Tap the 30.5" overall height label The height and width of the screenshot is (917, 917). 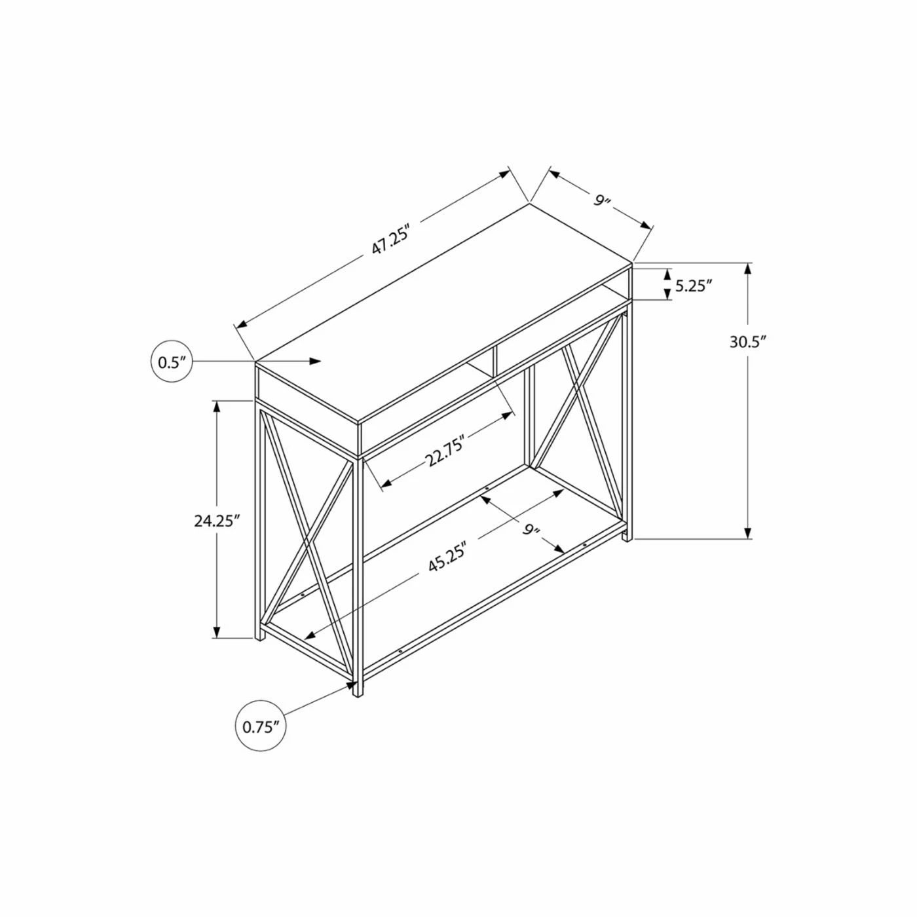tap(748, 342)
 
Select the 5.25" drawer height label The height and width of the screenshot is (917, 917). tap(693, 286)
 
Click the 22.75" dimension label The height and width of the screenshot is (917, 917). tap(445, 450)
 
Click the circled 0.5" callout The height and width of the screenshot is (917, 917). tap(172, 362)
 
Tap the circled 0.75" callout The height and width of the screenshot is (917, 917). tap(261, 726)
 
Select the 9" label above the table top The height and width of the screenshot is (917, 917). tap(602, 200)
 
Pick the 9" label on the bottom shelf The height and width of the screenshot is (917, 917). tap(531, 530)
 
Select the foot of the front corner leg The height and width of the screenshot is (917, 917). tap(358, 692)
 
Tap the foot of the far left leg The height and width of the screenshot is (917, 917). tap(260, 637)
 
